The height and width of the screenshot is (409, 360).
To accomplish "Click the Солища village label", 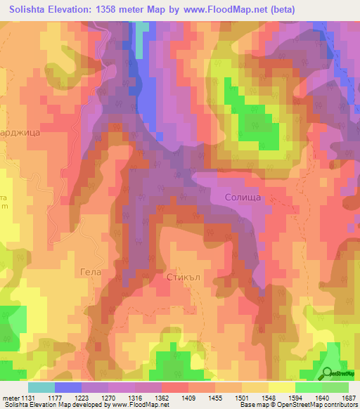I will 243,198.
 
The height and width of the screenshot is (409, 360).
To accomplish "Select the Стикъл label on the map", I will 185,278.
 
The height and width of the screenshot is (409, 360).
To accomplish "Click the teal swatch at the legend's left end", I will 41,387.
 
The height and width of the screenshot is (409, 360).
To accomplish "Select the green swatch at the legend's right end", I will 335,387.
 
